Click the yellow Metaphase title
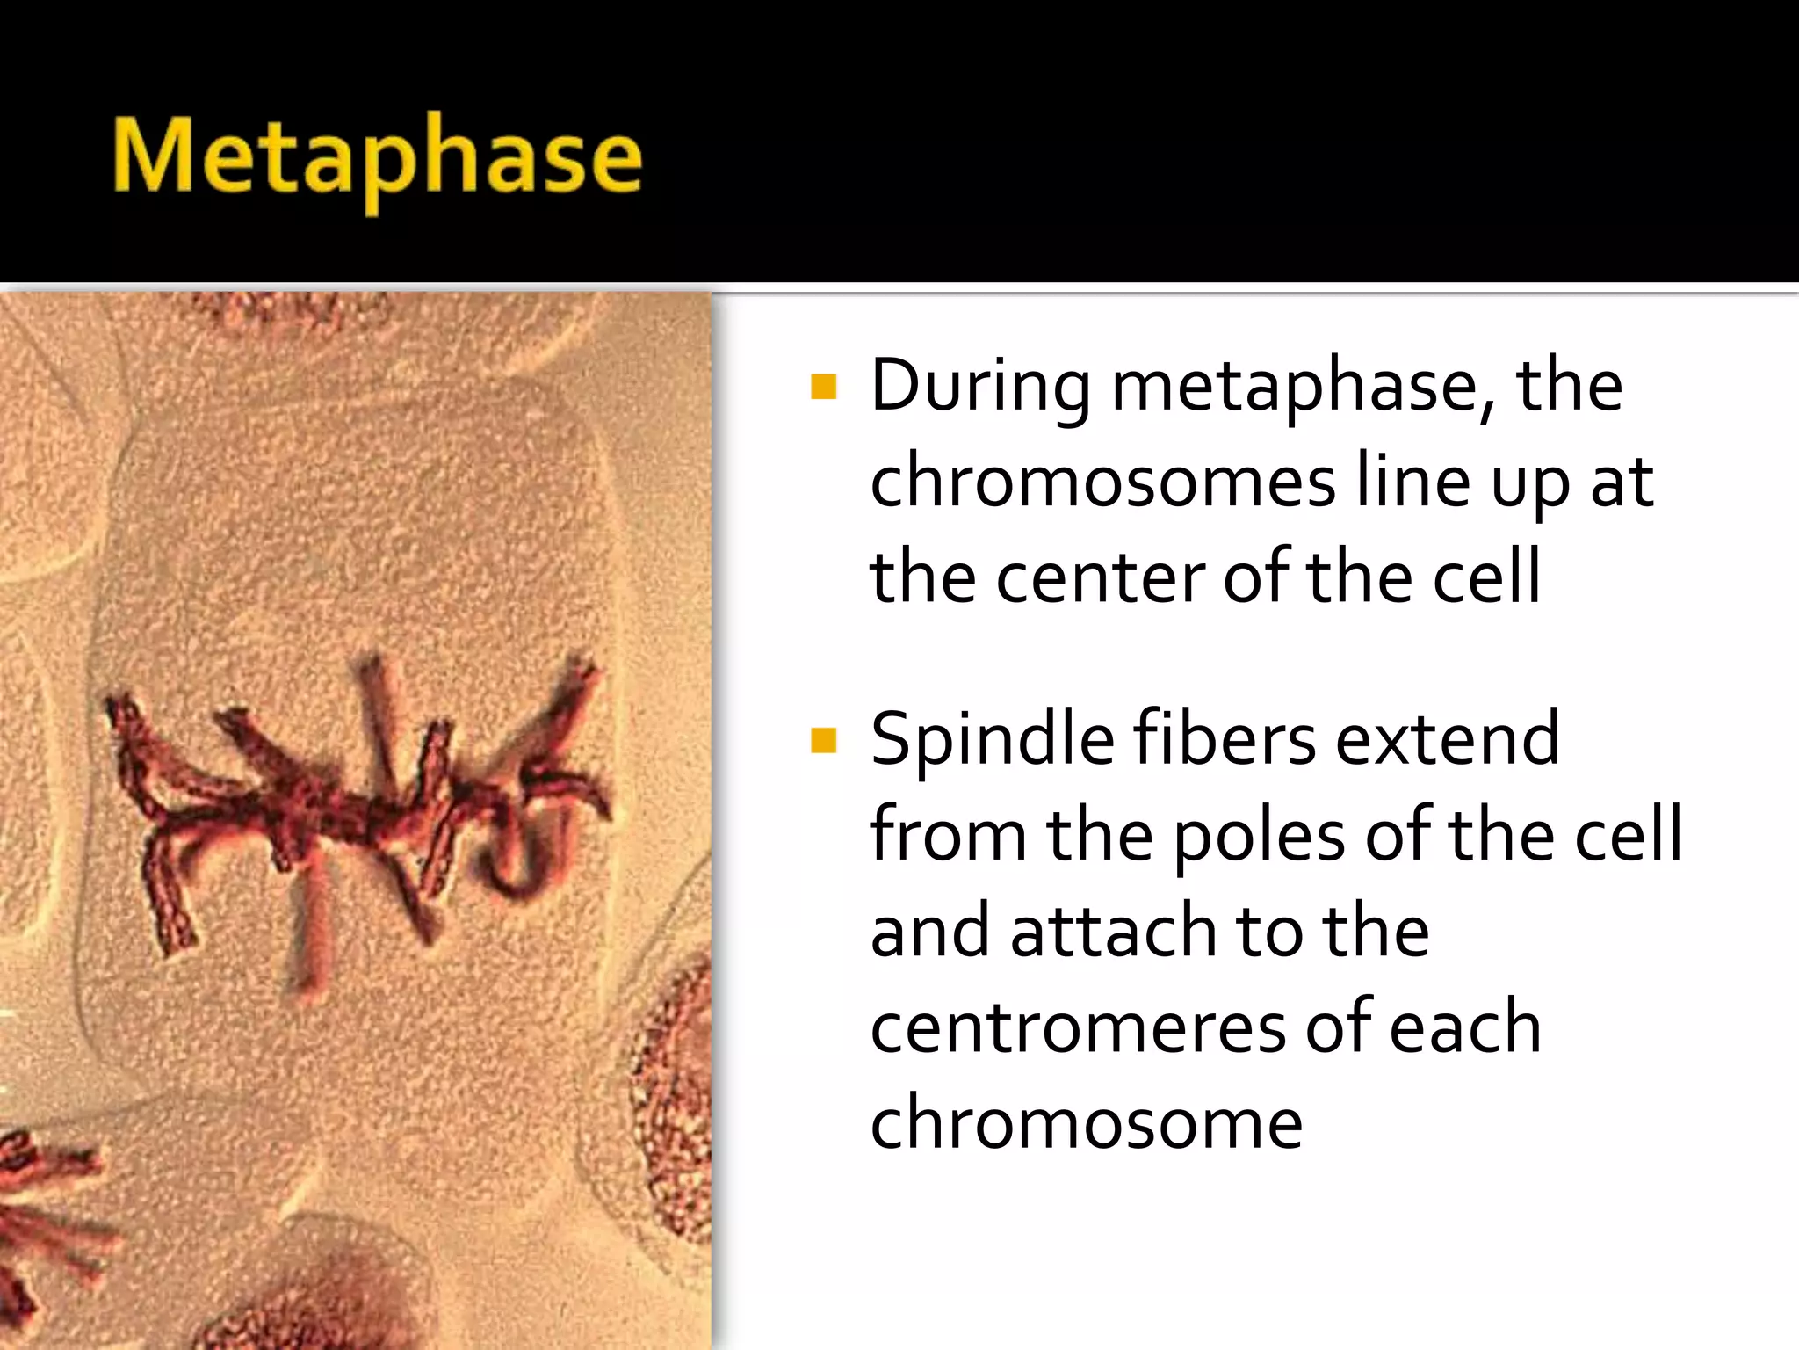coord(378,158)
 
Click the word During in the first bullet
coord(980,387)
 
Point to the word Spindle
coord(993,740)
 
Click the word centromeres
coord(1077,1028)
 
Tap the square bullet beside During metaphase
coord(824,387)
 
